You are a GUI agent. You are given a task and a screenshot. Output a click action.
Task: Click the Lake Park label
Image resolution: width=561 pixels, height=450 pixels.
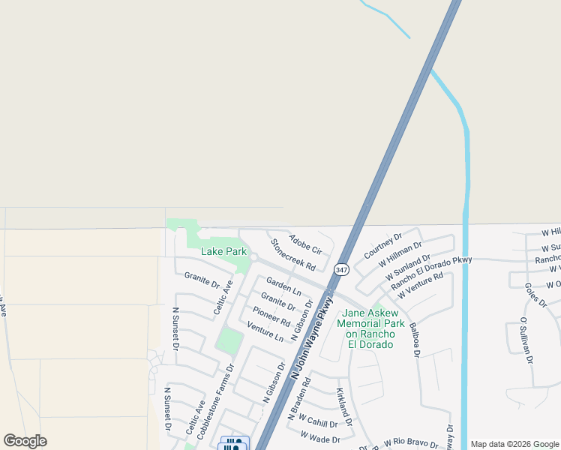pos(223,252)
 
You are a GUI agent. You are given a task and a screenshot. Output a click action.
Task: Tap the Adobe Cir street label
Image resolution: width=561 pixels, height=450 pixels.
pos(305,244)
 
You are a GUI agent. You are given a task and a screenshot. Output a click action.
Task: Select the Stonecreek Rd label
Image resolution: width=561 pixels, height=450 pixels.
pos(292,255)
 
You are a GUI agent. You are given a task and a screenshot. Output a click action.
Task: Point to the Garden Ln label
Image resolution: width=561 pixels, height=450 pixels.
pos(283,286)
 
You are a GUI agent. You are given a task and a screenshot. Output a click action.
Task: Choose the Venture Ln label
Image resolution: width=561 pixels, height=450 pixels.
pos(265,331)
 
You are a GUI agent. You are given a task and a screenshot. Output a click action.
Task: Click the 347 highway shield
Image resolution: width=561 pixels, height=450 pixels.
pos(342,270)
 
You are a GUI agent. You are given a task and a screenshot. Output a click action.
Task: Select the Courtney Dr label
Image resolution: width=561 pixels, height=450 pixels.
pos(382,245)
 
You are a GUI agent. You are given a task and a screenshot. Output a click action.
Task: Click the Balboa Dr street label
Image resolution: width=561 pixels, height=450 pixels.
pos(414,338)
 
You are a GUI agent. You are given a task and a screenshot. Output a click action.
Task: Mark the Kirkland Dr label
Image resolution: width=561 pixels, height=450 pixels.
pos(343,403)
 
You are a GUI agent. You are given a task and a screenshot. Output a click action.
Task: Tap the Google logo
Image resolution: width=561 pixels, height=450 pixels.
pos(25,441)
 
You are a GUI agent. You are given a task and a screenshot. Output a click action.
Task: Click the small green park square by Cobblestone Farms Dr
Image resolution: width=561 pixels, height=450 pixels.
pos(229,342)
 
